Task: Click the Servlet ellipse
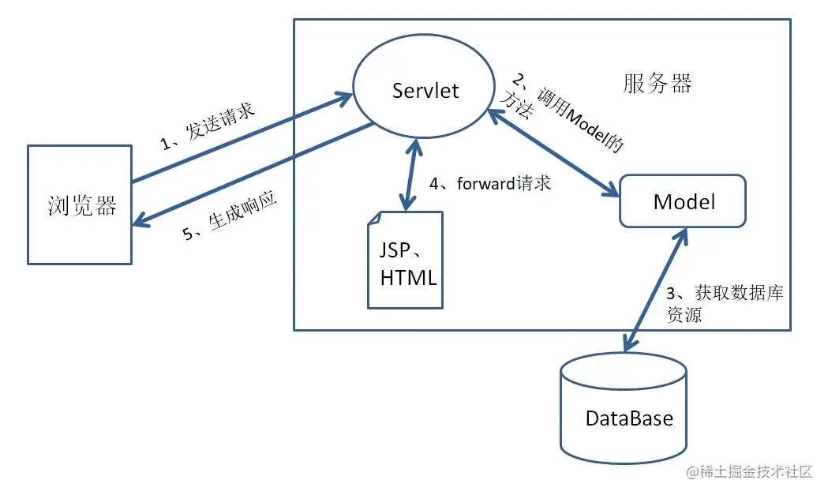(425, 90)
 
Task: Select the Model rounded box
(684, 201)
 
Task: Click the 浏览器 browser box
(80, 204)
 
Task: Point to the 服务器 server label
(657, 84)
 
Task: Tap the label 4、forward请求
(489, 184)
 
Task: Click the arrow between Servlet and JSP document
(408, 173)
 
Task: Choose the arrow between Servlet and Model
(553, 153)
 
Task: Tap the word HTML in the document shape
(408, 278)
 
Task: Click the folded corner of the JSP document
(377, 220)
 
